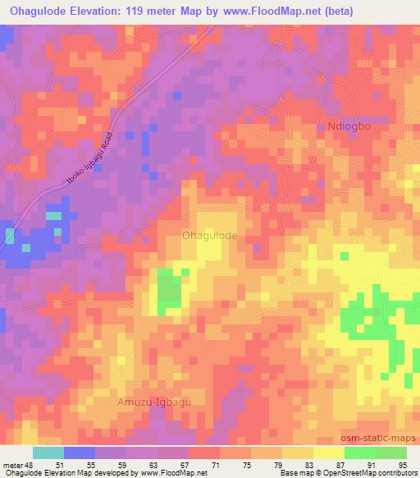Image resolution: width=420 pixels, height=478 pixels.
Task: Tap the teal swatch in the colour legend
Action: click(48, 453)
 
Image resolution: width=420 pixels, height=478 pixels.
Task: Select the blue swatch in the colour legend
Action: click(79, 453)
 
